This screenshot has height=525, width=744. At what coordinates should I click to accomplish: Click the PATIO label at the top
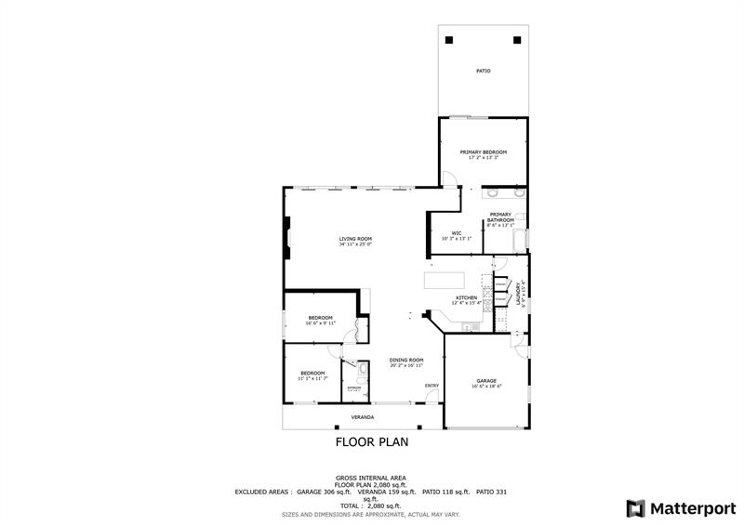[483, 71]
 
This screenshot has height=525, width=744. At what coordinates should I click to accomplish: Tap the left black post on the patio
[450, 40]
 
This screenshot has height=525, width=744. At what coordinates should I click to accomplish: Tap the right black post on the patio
[516, 40]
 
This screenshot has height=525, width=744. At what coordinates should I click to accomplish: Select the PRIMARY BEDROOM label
[483, 151]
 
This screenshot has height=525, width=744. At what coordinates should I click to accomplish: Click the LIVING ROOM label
[355, 239]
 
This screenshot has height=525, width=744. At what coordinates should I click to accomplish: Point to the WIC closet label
[457, 233]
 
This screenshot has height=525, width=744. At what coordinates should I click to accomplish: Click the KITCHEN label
[466, 298]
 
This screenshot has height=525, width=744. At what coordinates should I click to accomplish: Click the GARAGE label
[486, 380]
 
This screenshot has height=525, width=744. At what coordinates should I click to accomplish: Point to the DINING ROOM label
[406, 360]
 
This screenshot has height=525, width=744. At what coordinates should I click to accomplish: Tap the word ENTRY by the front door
[432, 386]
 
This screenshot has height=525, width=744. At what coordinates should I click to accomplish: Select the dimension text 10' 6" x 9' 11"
[320, 323]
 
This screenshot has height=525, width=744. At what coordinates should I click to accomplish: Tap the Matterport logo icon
[635, 508]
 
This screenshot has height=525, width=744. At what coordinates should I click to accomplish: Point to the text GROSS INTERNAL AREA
[370, 477]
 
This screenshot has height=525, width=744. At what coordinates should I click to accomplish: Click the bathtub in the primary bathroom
[518, 243]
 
